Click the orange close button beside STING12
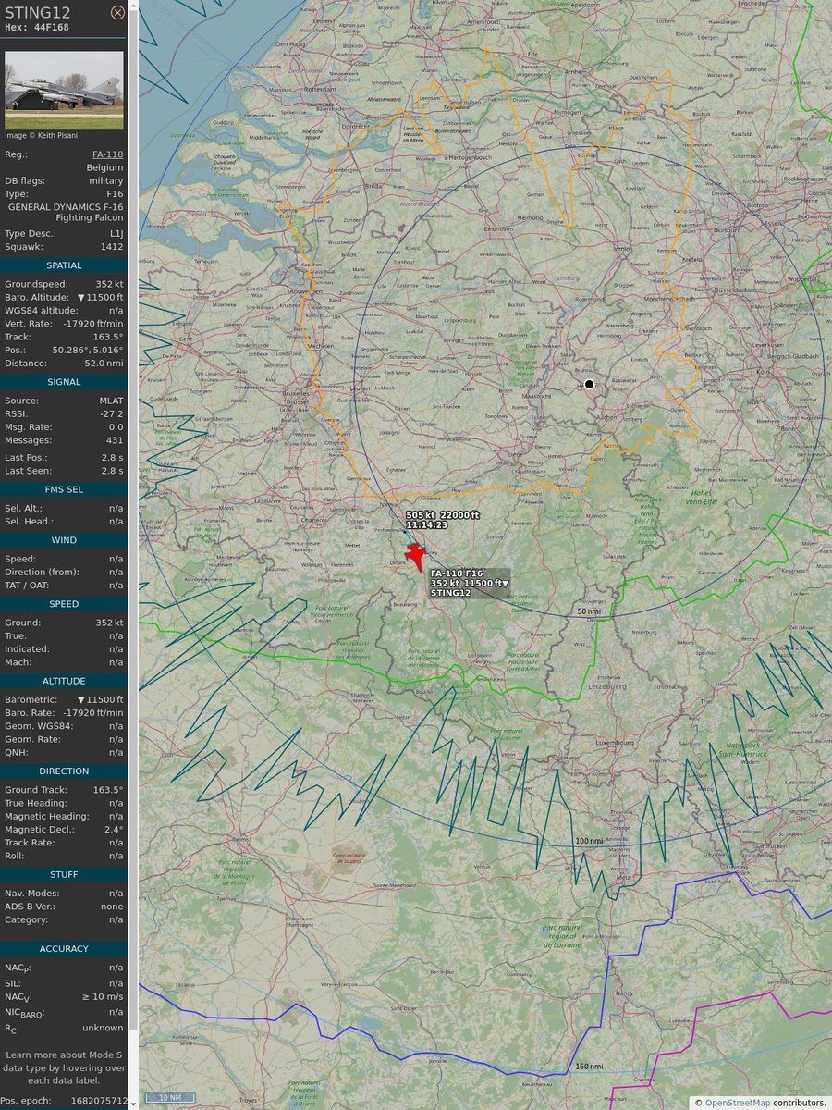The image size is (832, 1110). (x=117, y=12)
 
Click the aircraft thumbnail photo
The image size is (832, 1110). (x=64, y=90)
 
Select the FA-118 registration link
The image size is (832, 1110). (x=107, y=154)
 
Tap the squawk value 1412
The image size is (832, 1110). (x=112, y=247)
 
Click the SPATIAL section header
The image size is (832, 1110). (x=64, y=265)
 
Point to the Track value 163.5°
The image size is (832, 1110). (x=108, y=337)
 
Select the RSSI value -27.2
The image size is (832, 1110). (x=112, y=413)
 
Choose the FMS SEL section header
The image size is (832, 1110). (x=64, y=489)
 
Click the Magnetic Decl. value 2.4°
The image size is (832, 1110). (x=112, y=830)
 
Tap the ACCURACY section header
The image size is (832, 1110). (x=64, y=948)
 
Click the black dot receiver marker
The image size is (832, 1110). (x=589, y=384)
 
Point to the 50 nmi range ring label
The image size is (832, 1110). (x=588, y=611)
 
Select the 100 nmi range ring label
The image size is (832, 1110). (x=588, y=841)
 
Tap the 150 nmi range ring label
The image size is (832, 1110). (x=588, y=1067)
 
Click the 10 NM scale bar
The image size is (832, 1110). (x=169, y=1097)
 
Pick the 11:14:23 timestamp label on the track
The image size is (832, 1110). (x=426, y=524)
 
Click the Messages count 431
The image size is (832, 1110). (x=112, y=439)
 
